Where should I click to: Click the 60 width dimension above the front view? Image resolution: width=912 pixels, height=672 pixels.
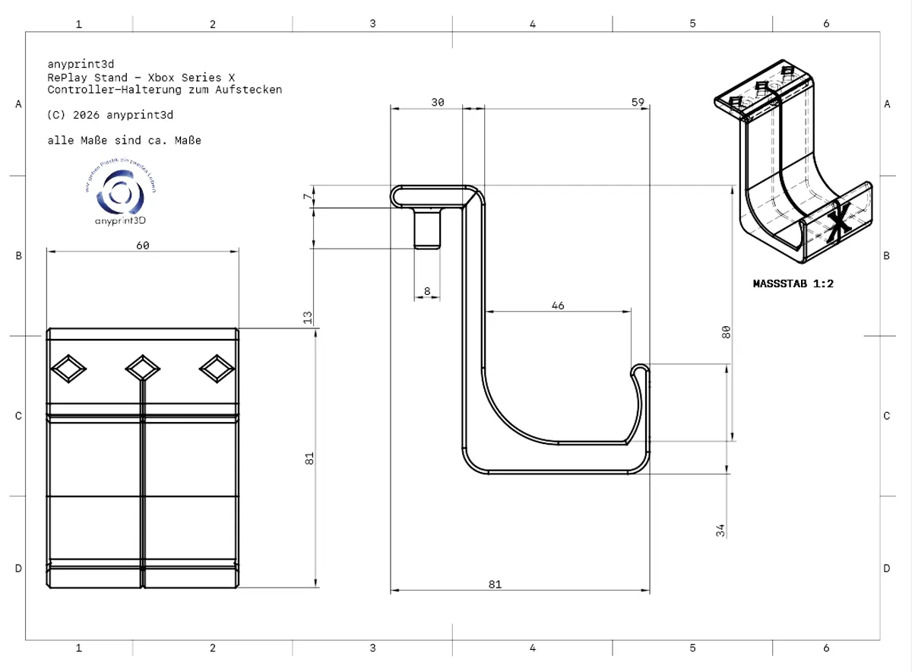[142, 245]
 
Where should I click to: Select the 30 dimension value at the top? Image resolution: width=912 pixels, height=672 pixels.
[438, 103]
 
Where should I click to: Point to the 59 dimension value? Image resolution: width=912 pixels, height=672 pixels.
[638, 103]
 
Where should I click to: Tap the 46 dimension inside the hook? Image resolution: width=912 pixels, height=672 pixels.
[558, 305]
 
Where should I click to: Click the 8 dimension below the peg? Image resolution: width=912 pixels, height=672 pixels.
[427, 291]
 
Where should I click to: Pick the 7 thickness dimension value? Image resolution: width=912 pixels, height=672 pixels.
[307, 198]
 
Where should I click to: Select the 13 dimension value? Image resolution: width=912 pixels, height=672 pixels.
[308, 317]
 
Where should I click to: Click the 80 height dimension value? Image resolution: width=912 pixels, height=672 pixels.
[726, 331]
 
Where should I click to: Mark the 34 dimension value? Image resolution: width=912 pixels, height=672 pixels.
[721, 530]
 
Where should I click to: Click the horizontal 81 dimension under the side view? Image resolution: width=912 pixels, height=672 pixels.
[495, 584]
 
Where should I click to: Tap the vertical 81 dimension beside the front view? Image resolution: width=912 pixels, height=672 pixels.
[309, 458]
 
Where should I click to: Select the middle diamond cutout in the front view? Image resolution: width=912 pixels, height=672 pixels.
[142, 369]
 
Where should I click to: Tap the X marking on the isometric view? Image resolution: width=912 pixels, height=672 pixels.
[839, 220]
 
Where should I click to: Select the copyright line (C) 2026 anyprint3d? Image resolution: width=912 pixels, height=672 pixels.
[110, 116]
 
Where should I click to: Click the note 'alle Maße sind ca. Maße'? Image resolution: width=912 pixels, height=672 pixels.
[124, 141]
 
